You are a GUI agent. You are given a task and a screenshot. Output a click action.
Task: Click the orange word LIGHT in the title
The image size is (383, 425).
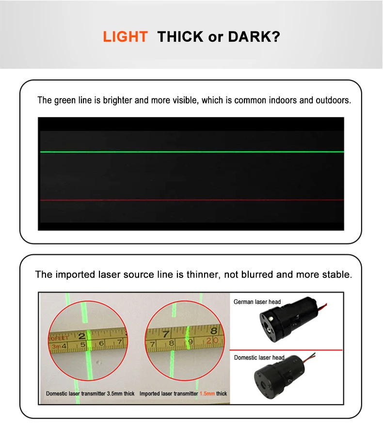coord(125,37)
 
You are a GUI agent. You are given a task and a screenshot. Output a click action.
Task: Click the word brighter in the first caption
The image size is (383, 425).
coord(118,101)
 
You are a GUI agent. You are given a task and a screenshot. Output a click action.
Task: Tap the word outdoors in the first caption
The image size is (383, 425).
coord(332,101)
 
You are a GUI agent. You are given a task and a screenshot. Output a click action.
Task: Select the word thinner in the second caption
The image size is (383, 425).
coord(204,275)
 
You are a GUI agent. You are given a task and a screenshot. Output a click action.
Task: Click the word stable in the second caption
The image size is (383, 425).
coord(335,275)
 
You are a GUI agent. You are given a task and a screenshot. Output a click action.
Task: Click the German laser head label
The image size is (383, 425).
coord(257,302)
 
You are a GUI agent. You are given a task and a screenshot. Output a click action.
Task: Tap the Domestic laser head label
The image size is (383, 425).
coord(259,358)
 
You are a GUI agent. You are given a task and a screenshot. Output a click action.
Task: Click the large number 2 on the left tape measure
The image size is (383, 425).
coord(82,335)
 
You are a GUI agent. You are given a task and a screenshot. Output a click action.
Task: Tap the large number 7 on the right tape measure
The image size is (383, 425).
coord(166,334)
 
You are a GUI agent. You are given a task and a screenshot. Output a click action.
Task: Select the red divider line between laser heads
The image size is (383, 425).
coord(286,350)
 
